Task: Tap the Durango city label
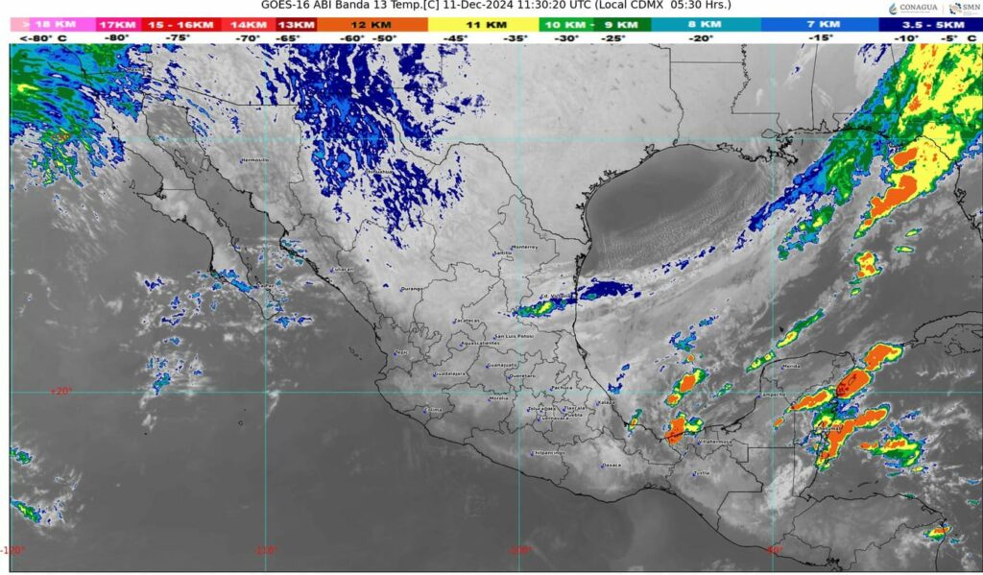click(412, 288)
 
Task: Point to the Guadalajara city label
click(450, 373)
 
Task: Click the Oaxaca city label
click(611, 465)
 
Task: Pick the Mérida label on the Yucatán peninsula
click(791, 366)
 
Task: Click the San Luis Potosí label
click(513, 337)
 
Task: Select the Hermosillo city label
click(254, 159)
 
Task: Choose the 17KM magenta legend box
click(117, 23)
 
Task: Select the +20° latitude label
click(60, 391)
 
